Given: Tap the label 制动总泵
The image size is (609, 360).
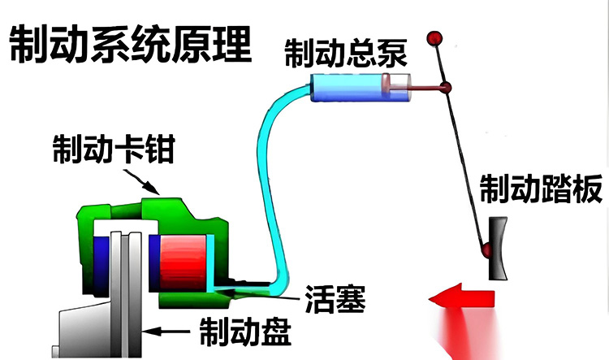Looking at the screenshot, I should click(x=345, y=54).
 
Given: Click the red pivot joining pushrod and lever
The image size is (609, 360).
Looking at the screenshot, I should click(x=446, y=88).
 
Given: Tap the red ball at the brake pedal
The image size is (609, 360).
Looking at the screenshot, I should click(x=486, y=248).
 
